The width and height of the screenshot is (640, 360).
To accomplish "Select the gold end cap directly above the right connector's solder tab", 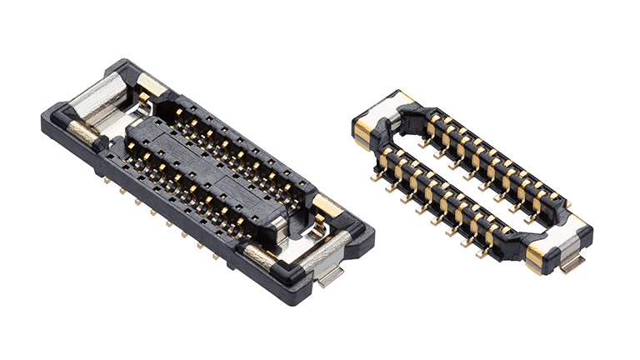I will coord(538,257).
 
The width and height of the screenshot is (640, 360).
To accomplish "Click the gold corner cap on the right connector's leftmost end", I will coord(363,130).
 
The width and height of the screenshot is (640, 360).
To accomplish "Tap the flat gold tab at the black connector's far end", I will coord(152,84).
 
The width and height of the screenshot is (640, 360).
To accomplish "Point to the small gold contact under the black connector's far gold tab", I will coord(143,98).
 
